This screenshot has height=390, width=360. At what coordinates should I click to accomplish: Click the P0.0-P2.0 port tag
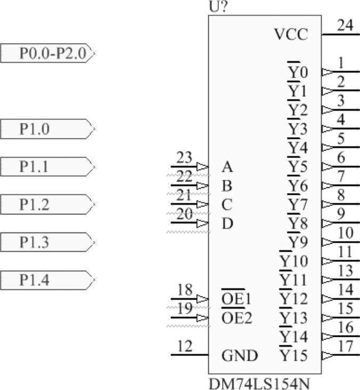point(47,54)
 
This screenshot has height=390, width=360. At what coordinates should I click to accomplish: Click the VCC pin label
point(291,35)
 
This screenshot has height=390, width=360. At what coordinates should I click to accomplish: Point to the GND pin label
point(239,355)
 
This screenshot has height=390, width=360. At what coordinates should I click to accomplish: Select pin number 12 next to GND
point(184,347)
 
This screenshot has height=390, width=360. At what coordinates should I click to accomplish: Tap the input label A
point(227,168)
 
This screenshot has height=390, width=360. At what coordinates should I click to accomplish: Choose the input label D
point(227,223)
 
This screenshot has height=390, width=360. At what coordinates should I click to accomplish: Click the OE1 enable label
point(236,300)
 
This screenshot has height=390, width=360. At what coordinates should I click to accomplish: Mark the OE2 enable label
point(236,318)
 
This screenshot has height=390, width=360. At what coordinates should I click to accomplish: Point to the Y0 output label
point(298,72)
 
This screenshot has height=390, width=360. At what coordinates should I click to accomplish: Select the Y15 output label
point(293,355)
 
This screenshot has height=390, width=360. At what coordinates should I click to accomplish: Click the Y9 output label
point(298,243)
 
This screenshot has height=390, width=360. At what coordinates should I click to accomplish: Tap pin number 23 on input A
point(184,158)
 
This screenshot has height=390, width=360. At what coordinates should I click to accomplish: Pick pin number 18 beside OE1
point(184,291)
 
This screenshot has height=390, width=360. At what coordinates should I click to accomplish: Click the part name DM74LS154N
point(259,383)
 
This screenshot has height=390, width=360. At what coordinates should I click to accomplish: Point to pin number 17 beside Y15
point(346,346)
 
